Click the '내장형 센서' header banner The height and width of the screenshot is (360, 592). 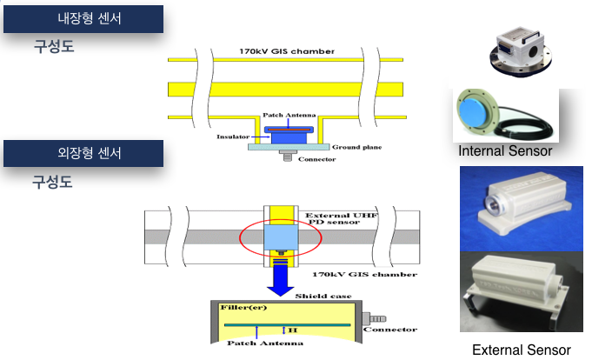(83, 19)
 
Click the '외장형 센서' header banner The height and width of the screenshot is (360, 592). (83, 153)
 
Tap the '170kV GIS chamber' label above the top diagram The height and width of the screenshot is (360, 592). (287, 51)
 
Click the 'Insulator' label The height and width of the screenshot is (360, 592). (233, 137)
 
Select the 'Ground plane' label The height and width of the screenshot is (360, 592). (356, 147)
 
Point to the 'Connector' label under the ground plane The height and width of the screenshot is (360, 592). (316, 159)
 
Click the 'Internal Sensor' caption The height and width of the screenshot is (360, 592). (505, 150)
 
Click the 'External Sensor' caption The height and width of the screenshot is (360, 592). (522, 350)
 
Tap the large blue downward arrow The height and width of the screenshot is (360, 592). (281, 280)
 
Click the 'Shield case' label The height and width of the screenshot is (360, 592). (323, 296)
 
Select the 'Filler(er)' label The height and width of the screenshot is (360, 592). (243, 308)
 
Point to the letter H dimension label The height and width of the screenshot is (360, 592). (293, 330)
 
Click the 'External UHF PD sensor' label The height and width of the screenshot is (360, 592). (341, 219)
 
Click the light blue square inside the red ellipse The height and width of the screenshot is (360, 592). (281, 237)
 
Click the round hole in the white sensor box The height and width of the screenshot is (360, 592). (533, 51)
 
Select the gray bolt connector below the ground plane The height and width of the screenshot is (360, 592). (288, 156)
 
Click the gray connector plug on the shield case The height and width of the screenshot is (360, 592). (374, 319)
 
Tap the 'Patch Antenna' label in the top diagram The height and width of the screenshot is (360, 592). (289, 115)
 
